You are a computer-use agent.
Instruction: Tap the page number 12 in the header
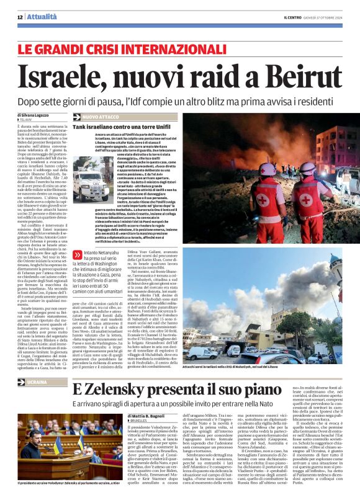coord(20,17)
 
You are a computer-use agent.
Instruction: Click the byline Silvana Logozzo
coord(34,115)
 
